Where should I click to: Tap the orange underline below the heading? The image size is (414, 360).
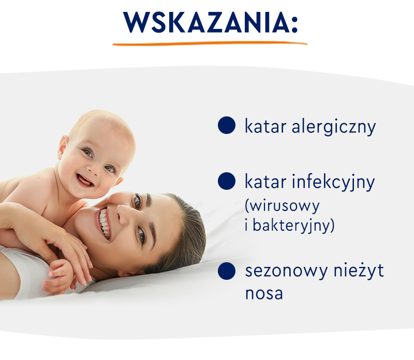pyautogui.click(x=210, y=43)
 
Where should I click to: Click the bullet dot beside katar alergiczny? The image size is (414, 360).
pyautogui.click(x=227, y=125)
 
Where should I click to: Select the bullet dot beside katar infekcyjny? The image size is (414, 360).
pyautogui.click(x=227, y=181)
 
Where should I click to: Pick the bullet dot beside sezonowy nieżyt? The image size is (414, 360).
pyautogui.click(x=227, y=271)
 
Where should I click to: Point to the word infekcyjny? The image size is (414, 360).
pyautogui.click(x=333, y=183)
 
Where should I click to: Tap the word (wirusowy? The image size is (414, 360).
pyautogui.click(x=282, y=206)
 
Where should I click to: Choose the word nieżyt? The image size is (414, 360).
pyautogui.click(x=359, y=270)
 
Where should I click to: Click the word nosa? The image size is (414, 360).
pyautogui.click(x=264, y=294)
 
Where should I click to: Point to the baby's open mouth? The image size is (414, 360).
pyautogui.click(x=84, y=181)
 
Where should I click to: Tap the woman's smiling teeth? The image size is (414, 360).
pyautogui.click(x=104, y=222)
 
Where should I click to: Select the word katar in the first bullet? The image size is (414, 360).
pyautogui.click(x=265, y=126)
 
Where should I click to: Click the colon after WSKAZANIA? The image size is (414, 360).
pyautogui.click(x=294, y=24)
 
